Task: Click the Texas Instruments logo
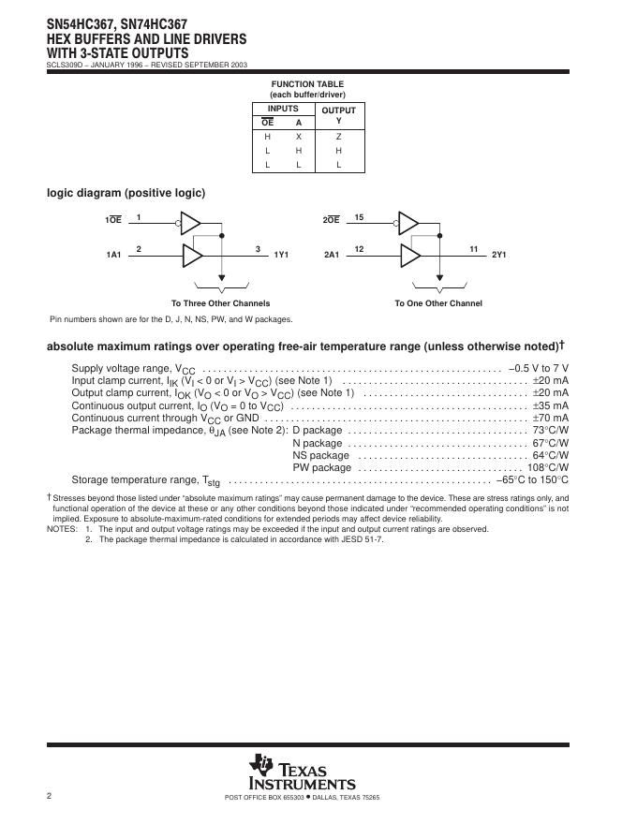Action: (x=302, y=772)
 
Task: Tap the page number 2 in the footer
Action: (x=49, y=796)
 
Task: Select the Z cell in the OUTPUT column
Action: (x=338, y=136)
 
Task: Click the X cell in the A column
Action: (x=299, y=136)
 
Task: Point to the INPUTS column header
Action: (x=283, y=110)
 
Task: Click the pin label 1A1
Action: (x=114, y=255)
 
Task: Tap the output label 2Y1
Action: (x=499, y=255)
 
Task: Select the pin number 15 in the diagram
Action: (x=359, y=217)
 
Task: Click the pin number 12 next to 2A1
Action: (x=359, y=248)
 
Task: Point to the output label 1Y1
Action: (x=281, y=255)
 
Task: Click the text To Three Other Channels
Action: (x=220, y=303)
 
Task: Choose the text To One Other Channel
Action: (x=438, y=303)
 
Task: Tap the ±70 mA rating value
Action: (x=550, y=418)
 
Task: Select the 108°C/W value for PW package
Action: (x=548, y=467)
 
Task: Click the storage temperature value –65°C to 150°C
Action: (x=531, y=479)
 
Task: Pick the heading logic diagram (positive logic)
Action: (x=126, y=193)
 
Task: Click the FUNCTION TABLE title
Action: (x=305, y=84)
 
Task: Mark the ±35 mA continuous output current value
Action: (x=550, y=405)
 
